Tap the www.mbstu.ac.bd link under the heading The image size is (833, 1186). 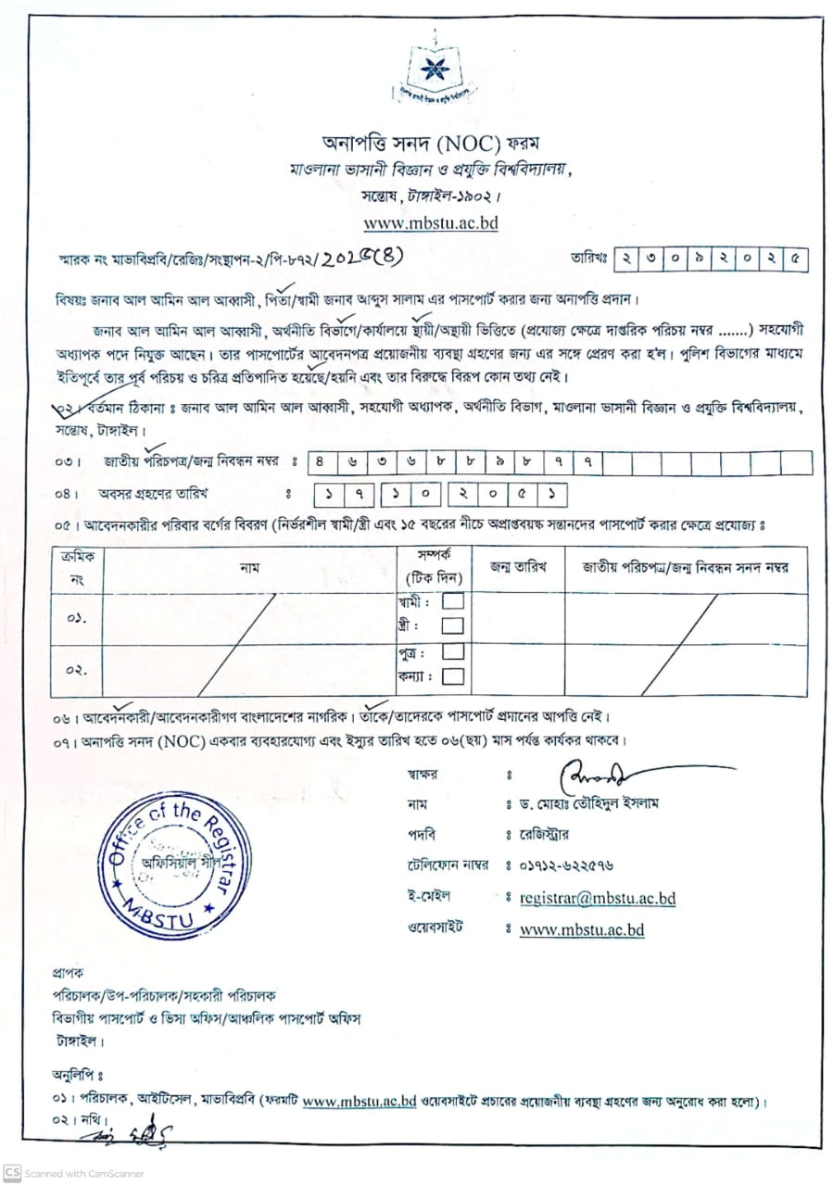click(430, 222)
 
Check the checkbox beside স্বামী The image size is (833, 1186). click(453, 601)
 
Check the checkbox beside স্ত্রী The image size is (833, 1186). click(453, 626)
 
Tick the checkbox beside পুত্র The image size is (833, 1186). click(453, 651)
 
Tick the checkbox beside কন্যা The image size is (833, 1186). click(453, 676)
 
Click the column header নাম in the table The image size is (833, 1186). click(249, 567)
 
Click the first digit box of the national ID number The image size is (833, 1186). click(320, 461)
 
